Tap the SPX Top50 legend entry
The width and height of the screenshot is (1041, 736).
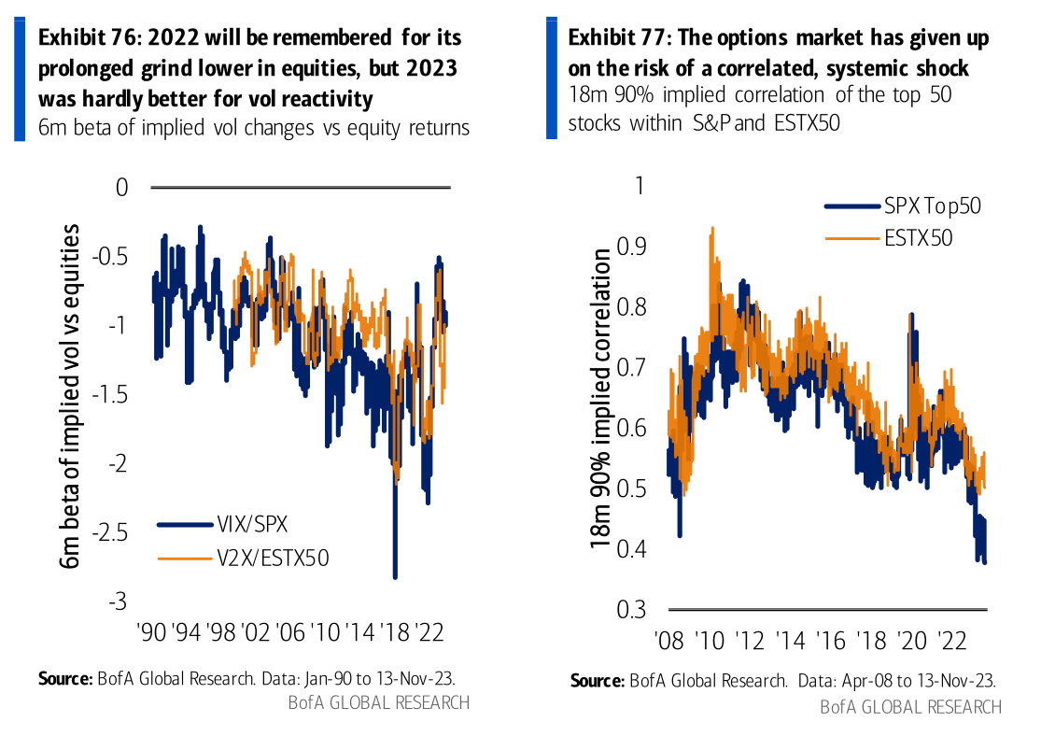tap(932, 206)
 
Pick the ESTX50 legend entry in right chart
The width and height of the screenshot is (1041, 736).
tap(918, 237)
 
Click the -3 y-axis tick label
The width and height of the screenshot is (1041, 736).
tap(119, 602)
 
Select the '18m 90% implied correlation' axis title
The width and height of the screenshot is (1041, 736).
tap(602, 397)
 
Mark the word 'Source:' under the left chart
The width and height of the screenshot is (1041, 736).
tap(65, 678)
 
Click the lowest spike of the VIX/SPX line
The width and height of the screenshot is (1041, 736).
tap(395, 576)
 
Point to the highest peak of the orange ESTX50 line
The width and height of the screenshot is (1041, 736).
tap(713, 227)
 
